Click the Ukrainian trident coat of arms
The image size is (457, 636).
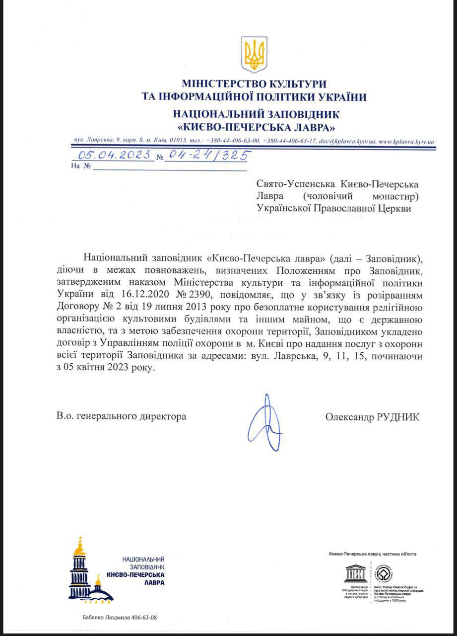point(254,55)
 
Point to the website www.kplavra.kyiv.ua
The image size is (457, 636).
point(407,142)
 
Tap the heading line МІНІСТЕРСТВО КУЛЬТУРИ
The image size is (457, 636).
point(254,83)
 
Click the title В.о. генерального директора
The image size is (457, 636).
point(122,417)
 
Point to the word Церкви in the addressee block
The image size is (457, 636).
point(394,209)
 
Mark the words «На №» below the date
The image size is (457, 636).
point(81,166)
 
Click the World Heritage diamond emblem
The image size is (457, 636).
point(383,574)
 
